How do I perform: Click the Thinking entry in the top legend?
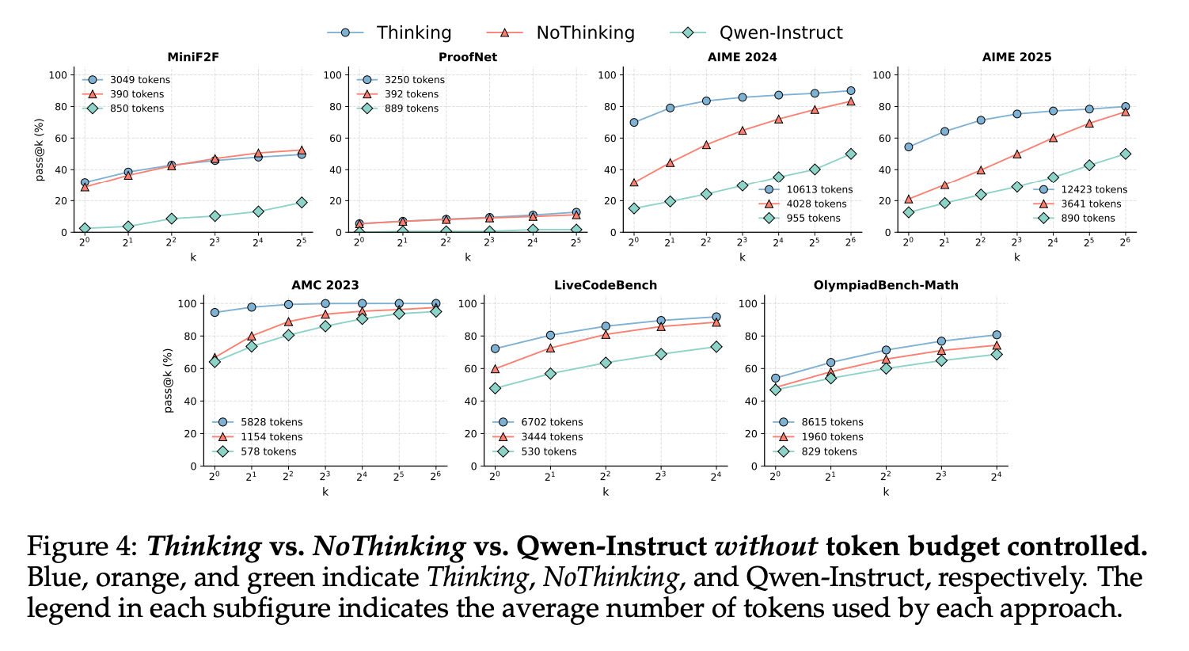click(x=413, y=32)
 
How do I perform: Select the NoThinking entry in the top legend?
click(x=585, y=32)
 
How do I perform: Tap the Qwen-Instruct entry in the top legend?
click(x=781, y=32)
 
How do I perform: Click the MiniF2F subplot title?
click(x=192, y=57)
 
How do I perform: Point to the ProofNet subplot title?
click(x=468, y=57)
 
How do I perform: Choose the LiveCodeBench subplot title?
click(x=606, y=285)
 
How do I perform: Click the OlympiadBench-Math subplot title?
click(x=886, y=285)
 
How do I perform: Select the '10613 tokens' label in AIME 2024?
click(x=819, y=189)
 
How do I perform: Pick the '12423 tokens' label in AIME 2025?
click(x=1094, y=189)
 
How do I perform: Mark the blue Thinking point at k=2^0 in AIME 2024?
click(x=633, y=122)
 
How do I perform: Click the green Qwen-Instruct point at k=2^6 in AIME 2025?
click(x=1125, y=154)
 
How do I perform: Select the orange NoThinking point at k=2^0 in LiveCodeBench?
click(x=495, y=368)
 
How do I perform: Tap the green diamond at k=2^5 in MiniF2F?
click(x=302, y=203)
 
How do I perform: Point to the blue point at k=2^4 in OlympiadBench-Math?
click(x=997, y=335)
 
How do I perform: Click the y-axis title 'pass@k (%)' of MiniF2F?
click(x=39, y=150)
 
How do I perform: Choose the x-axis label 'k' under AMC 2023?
click(x=325, y=492)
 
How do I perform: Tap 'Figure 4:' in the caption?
click(x=82, y=547)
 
